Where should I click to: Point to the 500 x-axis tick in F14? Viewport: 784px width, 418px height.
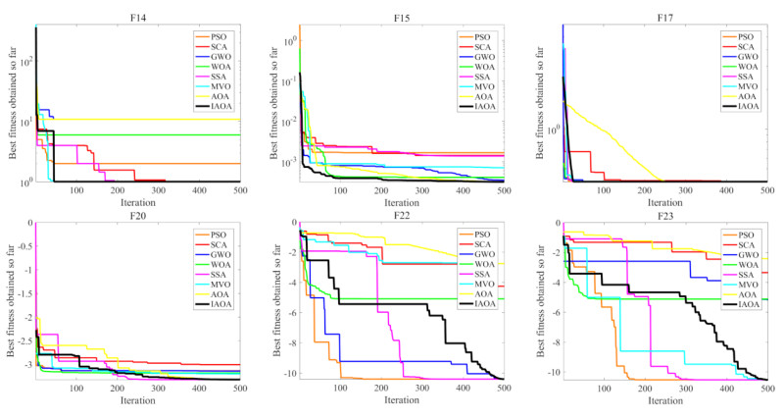point(240,190)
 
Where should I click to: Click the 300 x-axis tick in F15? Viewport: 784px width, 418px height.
point(422,190)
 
